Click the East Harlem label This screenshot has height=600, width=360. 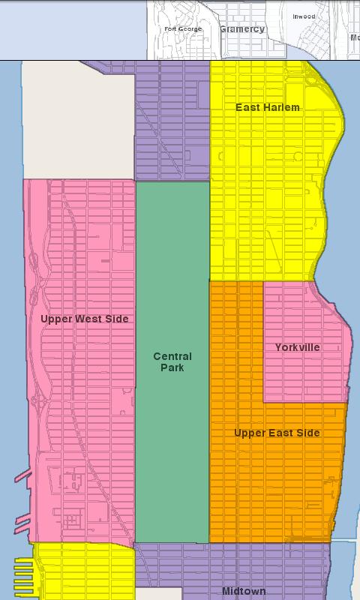click(267, 107)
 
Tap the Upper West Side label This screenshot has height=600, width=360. click(84, 319)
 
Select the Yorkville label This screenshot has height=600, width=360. click(297, 347)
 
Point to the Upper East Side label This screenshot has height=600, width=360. click(277, 433)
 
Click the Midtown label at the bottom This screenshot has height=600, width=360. click(244, 592)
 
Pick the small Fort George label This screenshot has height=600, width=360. click(183, 28)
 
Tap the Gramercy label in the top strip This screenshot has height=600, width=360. click(241, 29)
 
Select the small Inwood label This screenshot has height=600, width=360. click(304, 16)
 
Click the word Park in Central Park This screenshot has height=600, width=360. click(172, 367)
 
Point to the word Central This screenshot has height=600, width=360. click(172, 356)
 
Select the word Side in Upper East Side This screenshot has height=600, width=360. click(307, 433)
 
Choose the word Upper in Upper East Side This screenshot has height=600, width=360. click(248, 433)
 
